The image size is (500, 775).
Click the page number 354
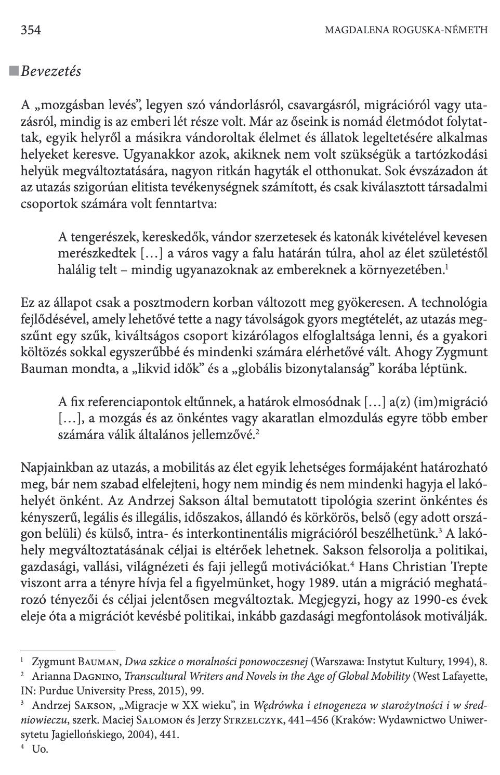pyautogui.click(x=31, y=30)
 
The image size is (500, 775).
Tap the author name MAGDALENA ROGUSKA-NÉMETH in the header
pyautogui.click(x=406, y=30)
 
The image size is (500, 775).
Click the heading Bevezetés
pyautogui.click(x=51, y=71)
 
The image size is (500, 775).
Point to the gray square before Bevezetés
pyautogui.click(x=14, y=70)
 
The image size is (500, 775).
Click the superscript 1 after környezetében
pyautogui.click(x=447, y=266)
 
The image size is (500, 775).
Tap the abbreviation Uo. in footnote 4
pyautogui.click(x=40, y=750)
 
